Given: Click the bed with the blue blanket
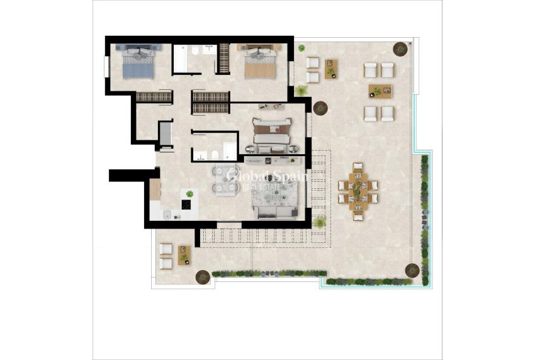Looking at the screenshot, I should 137,63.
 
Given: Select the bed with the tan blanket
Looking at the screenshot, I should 259,63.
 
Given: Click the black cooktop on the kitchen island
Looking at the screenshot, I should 187,203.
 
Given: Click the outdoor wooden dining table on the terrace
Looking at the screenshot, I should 358,186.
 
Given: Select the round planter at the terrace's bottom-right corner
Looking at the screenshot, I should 412,269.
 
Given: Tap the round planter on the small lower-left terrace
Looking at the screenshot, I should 203,276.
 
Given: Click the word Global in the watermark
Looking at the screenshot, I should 247,177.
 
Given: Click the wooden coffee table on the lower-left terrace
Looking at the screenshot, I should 184,255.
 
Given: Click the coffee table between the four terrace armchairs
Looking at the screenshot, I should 380,91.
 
